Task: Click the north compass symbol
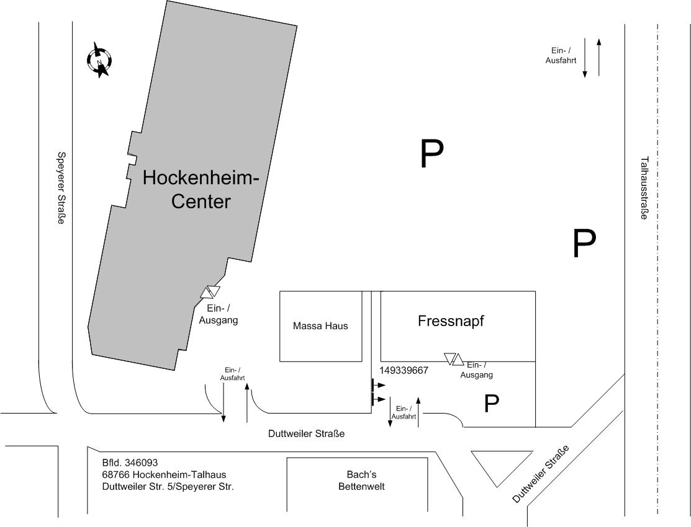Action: [99, 60]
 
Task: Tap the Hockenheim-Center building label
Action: [201, 190]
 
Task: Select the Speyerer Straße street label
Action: [61, 188]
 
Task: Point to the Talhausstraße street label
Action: [644, 188]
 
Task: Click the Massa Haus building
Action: [320, 326]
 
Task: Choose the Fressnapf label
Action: [451, 321]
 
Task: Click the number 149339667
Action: [404, 370]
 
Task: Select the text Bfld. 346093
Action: [130, 463]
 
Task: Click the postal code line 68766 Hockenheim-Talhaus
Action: [165, 475]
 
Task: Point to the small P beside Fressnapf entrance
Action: [491, 404]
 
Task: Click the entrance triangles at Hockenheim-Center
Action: [210, 292]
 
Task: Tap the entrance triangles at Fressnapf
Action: [454, 359]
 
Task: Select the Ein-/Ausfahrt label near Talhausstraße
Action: [561, 56]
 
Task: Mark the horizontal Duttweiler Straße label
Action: [306, 434]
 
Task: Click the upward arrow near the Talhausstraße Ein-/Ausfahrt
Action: [599, 57]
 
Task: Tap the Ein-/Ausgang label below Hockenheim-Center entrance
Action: [218, 314]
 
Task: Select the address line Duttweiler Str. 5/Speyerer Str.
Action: [168, 487]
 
